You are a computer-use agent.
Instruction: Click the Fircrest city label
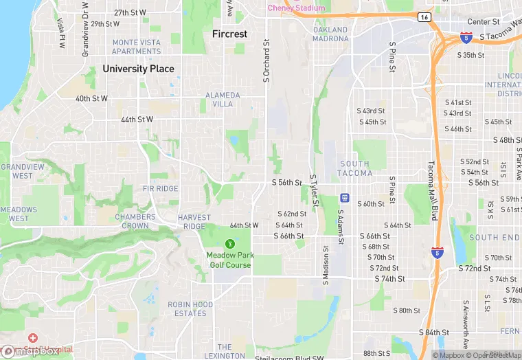point(229,34)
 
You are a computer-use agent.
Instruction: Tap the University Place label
point(138,69)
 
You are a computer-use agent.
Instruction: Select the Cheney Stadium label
point(296,8)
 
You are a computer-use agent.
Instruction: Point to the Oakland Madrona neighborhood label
point(330,34)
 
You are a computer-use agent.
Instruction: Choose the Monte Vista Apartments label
point(136,47)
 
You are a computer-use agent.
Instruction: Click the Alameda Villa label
point(223,99)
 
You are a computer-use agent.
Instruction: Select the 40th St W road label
point(91,98)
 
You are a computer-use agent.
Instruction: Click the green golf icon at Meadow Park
point(229,243)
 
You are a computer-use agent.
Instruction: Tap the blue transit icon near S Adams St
point(345,199)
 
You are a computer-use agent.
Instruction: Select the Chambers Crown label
point(135,221)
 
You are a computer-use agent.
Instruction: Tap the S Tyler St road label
point(314,190)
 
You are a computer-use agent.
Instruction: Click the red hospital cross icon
point(32,338)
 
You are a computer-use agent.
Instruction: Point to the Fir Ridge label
point(161,188)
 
